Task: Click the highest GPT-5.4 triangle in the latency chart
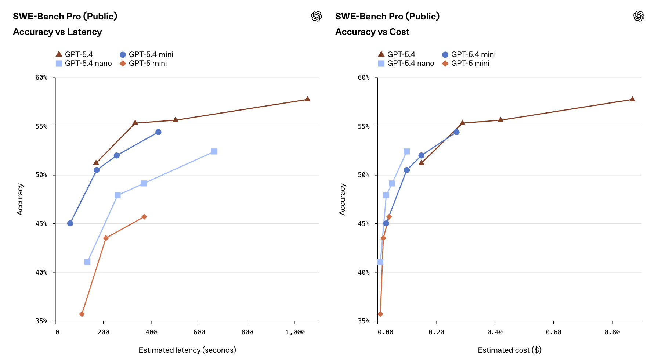(x=308, y=99)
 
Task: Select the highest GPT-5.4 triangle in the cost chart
(x=632, y=99)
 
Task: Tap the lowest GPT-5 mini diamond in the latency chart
(x=82, y=314)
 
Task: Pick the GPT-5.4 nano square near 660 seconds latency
(x=214, y=151)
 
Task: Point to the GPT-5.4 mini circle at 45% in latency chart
(x=70, y=223)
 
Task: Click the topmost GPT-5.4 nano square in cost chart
(x=407, y=151)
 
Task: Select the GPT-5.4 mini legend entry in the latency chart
(x=147, y=54)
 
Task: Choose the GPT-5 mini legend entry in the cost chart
(x=466, y=63)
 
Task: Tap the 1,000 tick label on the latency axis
(x=295, y=332)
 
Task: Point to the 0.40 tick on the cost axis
(x=495, y=332)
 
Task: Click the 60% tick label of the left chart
(x=41, y=78)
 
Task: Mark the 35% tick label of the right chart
(x=364, y=321)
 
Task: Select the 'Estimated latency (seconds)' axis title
(x=187, y=350)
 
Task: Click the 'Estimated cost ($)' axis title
(x=510, y=350)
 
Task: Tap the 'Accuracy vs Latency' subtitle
(x=57, y=32)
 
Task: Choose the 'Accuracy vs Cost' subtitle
(x=372, y=32)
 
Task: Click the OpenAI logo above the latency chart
(x=317, y=16)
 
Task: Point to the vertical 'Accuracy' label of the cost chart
(x=343, y=199)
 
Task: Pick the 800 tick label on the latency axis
(x=247, y=332)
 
